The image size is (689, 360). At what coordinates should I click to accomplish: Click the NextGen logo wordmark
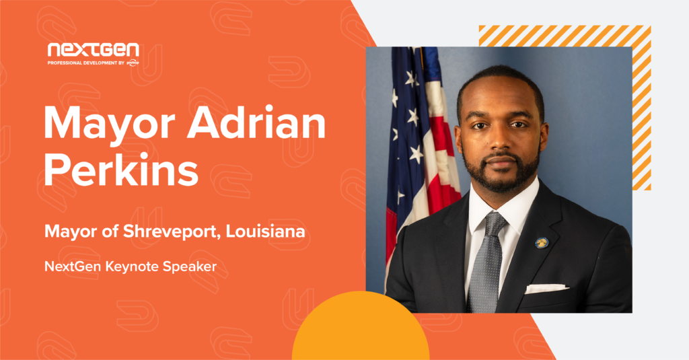[93, 50]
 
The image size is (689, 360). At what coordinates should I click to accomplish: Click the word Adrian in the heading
[256, 123]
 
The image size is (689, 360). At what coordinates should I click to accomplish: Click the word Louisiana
[265, 231]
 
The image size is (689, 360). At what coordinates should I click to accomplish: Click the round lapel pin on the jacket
[542, 243]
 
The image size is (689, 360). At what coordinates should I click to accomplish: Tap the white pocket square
[546, 289]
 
